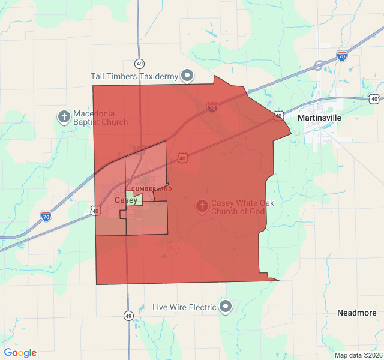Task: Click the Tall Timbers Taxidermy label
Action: [135, 76]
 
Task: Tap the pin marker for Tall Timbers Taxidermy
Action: [188, 76]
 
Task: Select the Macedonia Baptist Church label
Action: [100, 118]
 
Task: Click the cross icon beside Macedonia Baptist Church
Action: [64, 116]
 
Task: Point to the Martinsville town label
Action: [319, 118]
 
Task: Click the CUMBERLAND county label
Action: [151, 189]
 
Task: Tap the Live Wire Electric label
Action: [184, 307]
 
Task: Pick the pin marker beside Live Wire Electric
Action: [226, 307]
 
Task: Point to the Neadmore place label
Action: [357, 313]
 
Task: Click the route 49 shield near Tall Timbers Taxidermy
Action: [140, 63]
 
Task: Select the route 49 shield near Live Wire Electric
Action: [128, 315]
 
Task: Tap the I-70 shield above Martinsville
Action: [342, 56]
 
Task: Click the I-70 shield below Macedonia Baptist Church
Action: [46, 215]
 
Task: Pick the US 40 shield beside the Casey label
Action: [96, 211]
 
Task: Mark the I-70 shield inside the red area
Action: [212, 107]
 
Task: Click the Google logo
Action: [20, 353]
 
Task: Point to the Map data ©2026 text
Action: [358, 355]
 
